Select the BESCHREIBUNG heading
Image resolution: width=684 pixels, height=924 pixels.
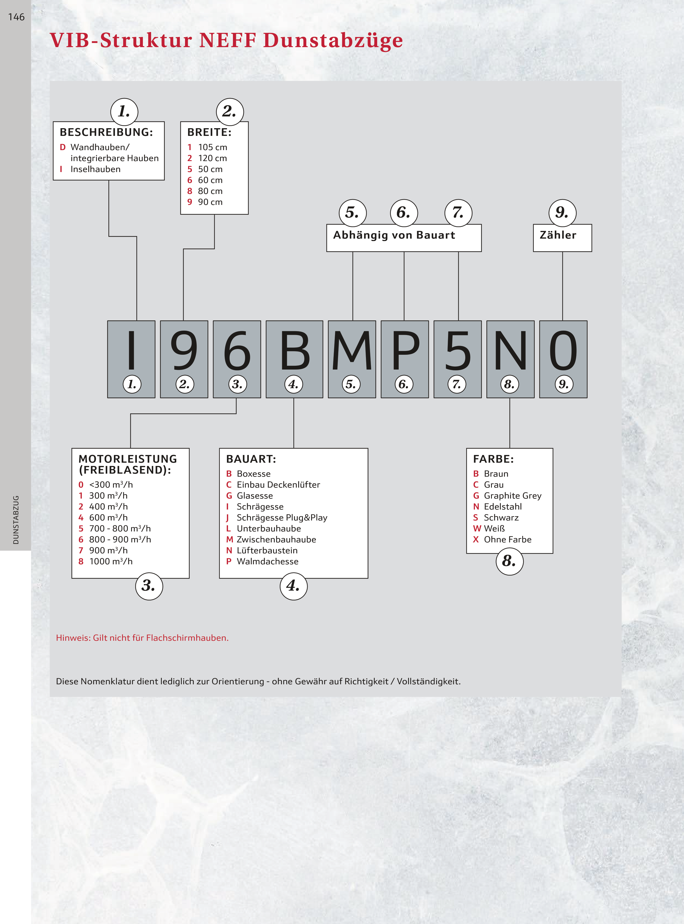[106, 132]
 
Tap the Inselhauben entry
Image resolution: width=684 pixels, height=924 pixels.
[95, 169]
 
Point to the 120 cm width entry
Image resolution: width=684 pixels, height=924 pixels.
[212, 158]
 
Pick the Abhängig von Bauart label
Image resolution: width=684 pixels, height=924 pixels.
[394, 235]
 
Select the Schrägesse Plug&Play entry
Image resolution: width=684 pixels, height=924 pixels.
[282, 517]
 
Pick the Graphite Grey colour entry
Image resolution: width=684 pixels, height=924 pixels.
[512, 496]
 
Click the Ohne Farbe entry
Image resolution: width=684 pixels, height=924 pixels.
[507, 539]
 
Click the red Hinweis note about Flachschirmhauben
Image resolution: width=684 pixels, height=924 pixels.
[142, 638]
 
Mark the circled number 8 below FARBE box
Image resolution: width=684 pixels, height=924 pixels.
[509, 562]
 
